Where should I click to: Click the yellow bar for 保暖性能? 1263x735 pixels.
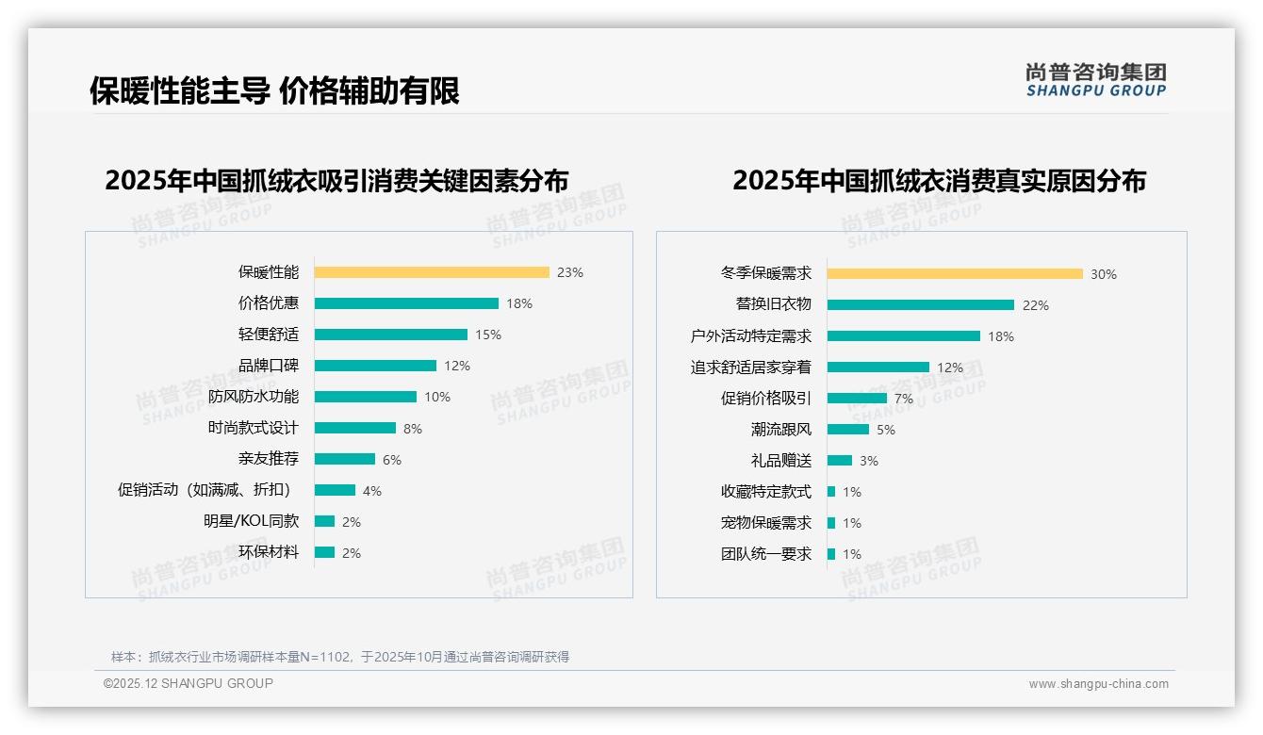point(432,272)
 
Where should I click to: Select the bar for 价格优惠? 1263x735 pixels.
point(406,303)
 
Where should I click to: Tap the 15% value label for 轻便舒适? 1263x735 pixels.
point(488,335)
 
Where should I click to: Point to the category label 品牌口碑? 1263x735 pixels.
point(269,366)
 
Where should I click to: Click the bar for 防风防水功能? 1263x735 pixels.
point(366,397)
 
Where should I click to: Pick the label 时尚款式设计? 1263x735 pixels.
point(254,428)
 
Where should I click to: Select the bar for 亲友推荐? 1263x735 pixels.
point(345,459)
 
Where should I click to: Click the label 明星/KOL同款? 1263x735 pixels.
point(252,521)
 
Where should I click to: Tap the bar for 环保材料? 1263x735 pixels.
point(325,552)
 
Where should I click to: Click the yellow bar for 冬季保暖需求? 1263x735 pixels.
point(955,274)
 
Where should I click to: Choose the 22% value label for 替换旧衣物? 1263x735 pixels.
point(1036,305)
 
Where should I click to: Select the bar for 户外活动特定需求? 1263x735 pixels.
point(904,336)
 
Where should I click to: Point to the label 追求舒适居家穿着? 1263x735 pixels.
point(751,367)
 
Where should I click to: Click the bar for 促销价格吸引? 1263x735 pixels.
point(857,399)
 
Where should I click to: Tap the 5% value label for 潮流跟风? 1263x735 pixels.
point(886,430)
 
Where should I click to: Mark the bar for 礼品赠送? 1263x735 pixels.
point(840,461)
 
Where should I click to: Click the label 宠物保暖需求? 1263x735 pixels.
point(766,523)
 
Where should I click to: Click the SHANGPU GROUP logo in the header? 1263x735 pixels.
point(1096,80)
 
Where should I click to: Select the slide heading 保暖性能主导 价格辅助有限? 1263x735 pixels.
point(274,91)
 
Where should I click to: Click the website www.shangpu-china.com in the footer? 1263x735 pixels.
point(1098,684)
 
